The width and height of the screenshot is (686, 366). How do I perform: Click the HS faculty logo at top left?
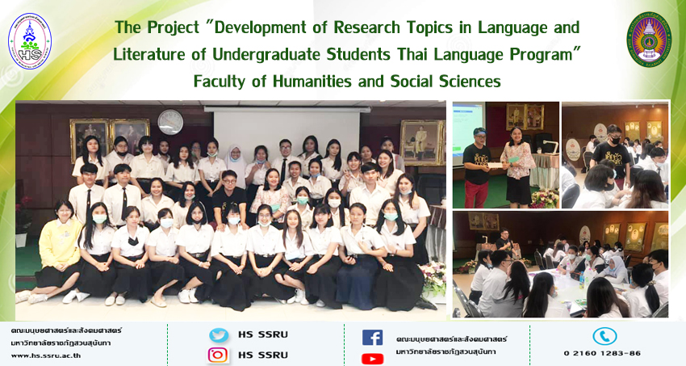coord(29,40)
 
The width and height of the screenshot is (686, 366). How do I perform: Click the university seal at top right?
coord(649,40)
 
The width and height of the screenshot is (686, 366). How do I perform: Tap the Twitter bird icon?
coord(219,335)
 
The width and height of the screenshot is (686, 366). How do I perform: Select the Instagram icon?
coord(218,355)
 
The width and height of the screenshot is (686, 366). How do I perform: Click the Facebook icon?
coord(372,338)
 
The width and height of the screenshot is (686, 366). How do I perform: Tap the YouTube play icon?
coord(372,359)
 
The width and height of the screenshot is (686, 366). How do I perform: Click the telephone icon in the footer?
coord(604,336)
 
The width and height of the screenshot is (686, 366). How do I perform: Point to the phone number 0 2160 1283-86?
coord(602,353)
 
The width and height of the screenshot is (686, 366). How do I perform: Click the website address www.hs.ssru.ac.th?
coord(45,355)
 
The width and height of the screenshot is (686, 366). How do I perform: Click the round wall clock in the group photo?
coord(170,122)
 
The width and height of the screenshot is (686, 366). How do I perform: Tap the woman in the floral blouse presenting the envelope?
coord(518,166)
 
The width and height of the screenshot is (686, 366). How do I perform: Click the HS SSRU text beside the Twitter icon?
coord(263,334)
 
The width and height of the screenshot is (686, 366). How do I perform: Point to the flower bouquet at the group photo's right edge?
coord(433,278)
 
